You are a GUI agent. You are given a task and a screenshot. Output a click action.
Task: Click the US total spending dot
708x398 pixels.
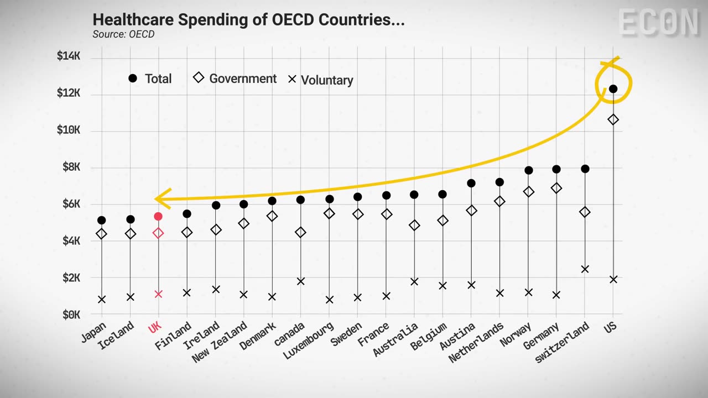click(x=613, y=88)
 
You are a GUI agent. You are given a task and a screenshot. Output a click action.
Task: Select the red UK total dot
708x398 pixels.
click(x=158, y=216)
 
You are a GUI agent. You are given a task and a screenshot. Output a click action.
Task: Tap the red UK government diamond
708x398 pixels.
click(x=158, y=233)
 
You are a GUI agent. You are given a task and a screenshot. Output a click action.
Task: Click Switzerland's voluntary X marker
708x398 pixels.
click(x=585, y=269)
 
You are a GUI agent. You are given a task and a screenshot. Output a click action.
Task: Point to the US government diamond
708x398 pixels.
click(x=613, y=119)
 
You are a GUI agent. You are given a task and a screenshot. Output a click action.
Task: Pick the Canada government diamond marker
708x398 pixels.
click(x=300, y=232)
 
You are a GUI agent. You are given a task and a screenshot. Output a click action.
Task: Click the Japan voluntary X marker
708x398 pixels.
click(x=102, y=300)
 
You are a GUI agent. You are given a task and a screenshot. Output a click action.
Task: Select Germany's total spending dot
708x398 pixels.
click(x=556, y=169)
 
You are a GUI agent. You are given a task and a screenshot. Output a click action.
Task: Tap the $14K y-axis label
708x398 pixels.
click(x=69, y=56)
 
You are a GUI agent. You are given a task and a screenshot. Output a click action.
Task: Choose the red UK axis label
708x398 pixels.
click(x=154, y=328)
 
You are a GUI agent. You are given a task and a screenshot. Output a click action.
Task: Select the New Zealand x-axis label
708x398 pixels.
click(x=220, y=343)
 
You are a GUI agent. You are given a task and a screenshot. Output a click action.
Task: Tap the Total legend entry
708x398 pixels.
click(x=150, y=78)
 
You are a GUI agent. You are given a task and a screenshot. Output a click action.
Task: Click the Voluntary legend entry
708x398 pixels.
click(x=321, y=80)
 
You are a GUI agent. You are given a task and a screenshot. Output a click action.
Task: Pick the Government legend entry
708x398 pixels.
click(x=235, y=78)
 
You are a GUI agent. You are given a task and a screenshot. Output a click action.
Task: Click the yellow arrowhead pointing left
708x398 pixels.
click(x=161, y=198)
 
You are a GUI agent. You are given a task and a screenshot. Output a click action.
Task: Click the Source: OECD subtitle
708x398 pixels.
click(x=123, y=34)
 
